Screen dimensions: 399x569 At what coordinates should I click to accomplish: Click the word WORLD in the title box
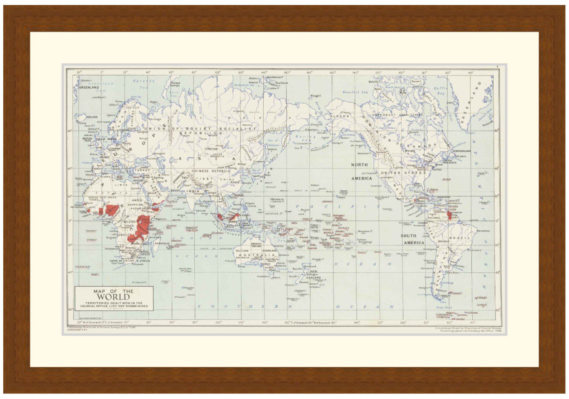tap(113, 297)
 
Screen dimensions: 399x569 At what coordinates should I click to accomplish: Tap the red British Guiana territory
tap(449, 215)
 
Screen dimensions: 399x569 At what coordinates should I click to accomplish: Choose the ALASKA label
tap(339, 116)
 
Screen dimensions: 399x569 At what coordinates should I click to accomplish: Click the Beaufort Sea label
tap(355, 92)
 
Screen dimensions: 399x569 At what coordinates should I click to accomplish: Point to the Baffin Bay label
tap(439, 91)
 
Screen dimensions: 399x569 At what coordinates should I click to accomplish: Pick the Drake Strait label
tap(444, 307)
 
